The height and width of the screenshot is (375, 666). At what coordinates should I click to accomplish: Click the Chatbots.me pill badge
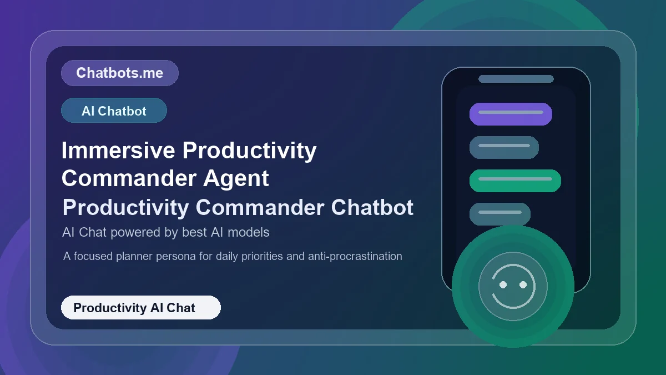tap(119, 73)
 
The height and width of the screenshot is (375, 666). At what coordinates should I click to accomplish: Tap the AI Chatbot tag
tap(114, 111)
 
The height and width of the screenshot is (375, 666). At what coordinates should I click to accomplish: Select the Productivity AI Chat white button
tap(140, 307)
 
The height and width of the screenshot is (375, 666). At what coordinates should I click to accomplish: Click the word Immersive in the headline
tap(118, 151)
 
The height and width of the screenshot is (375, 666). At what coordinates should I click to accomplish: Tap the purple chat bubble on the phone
tap(511, 114)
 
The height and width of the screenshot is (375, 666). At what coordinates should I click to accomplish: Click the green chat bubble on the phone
tap(515, 181)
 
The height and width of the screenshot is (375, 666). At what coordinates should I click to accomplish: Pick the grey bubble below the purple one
tap(504, 147)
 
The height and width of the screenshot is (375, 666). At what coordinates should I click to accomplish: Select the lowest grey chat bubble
tap(500, 214)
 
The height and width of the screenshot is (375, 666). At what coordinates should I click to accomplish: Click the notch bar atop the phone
tap(516, 79)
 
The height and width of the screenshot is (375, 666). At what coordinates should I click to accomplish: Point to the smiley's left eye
tap(503, 284)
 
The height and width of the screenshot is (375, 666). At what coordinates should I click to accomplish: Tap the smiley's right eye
tap(523, 284)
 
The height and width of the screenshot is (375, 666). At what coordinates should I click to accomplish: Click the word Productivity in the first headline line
tap(250, 151)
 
